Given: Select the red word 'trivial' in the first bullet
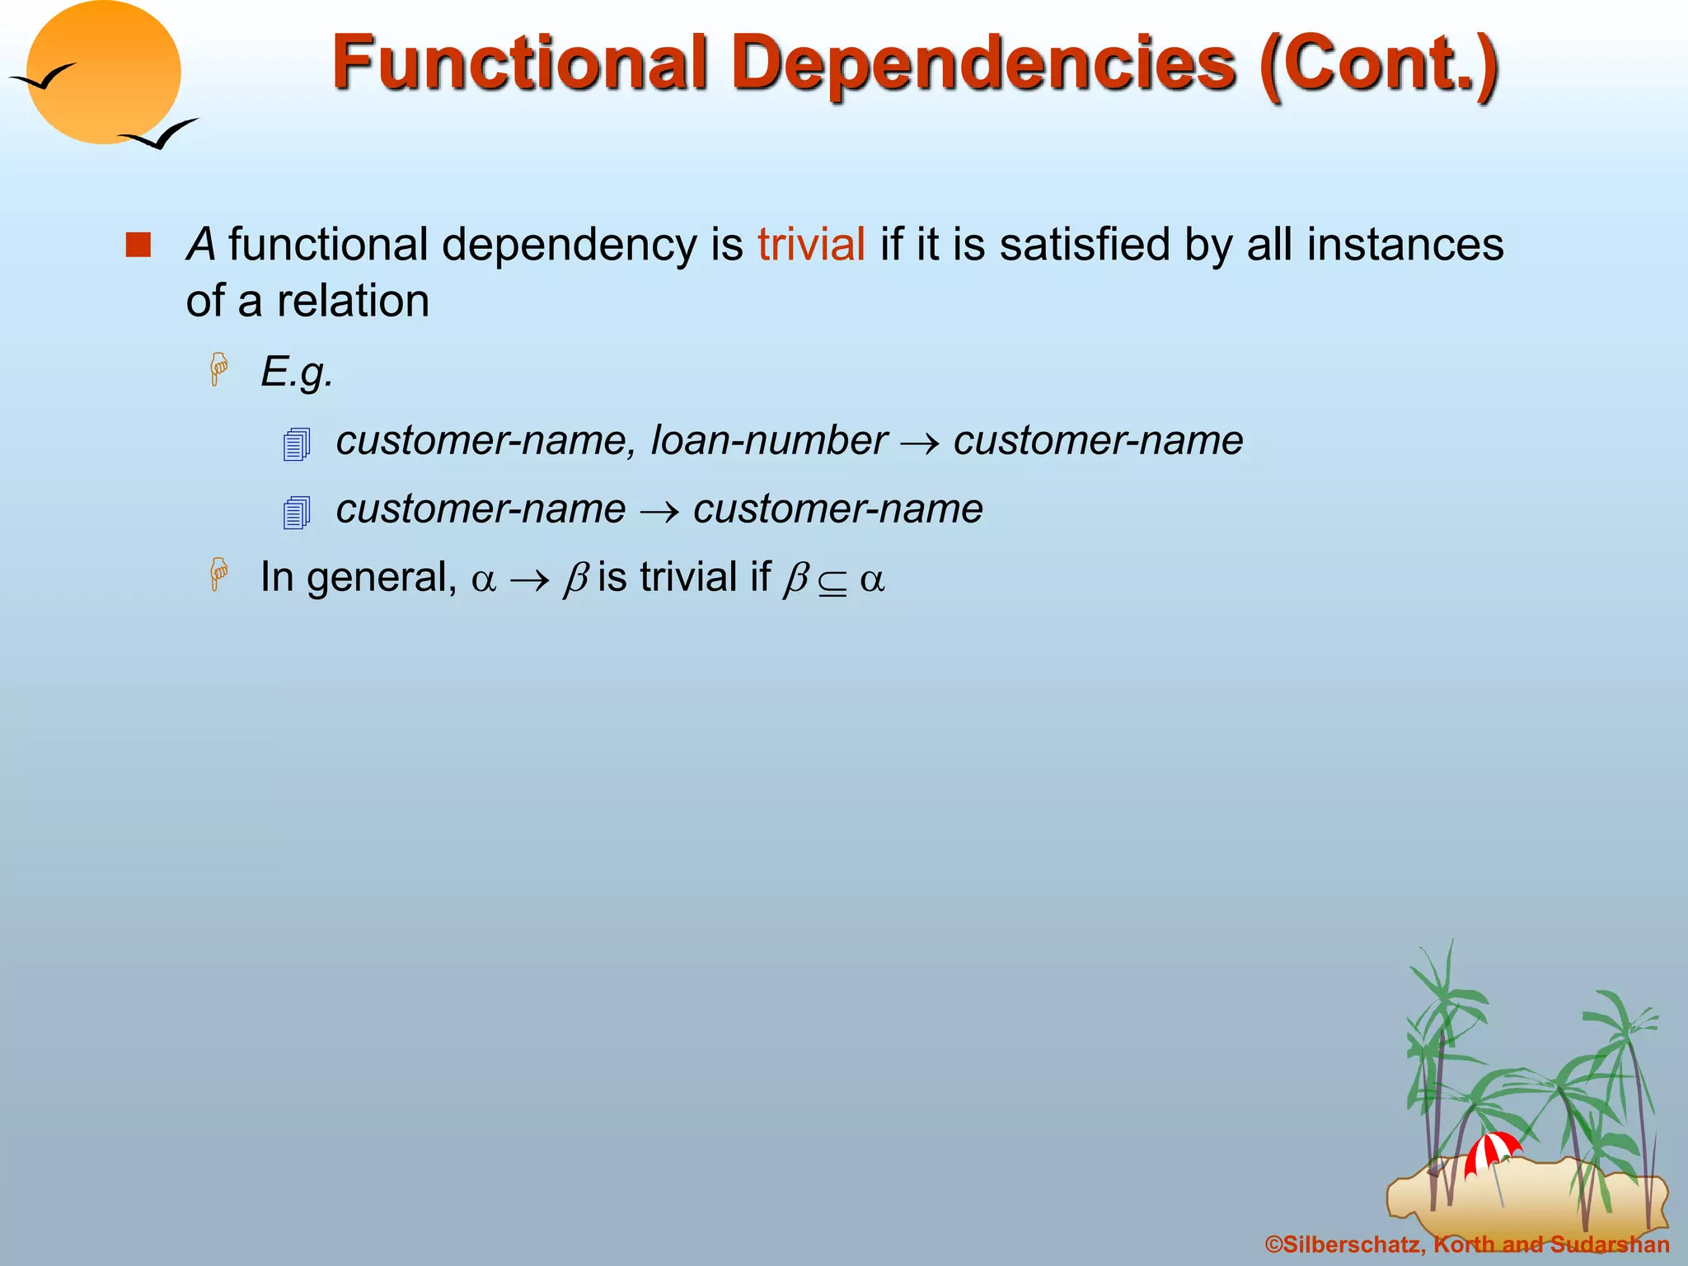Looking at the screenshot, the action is pos(811,245).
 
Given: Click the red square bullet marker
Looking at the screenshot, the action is pos(138,245).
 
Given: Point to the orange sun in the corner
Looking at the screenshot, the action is pos(103,73).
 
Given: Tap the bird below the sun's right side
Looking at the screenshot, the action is pos(158,134).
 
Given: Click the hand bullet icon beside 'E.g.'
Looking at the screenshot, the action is pos(219,368).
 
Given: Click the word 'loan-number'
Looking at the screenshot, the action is pos(769,440).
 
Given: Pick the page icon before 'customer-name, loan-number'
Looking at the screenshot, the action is pos(296,444).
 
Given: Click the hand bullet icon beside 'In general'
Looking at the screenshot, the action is pos(219,574).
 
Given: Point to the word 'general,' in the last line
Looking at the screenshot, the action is pos(382,577).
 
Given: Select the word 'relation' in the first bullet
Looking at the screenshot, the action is pos(353,301).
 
